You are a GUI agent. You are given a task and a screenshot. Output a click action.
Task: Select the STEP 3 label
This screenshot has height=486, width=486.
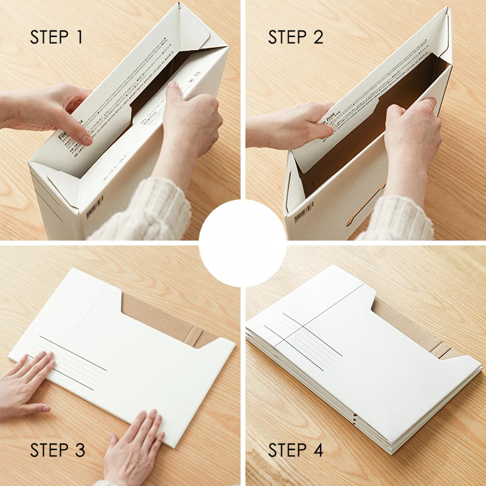point(58,450)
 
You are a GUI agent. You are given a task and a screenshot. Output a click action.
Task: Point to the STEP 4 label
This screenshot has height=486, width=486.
point(296,450)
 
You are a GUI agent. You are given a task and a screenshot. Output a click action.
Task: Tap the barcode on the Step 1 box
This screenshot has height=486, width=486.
point(95,207)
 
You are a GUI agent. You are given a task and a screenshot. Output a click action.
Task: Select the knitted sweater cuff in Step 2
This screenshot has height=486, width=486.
point(401,216)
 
